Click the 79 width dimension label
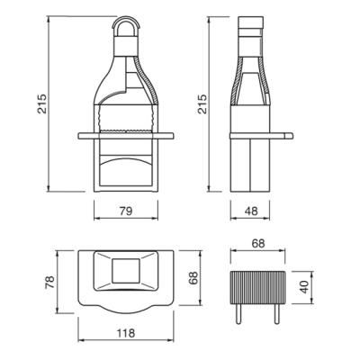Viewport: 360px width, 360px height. click(x=126, y=211)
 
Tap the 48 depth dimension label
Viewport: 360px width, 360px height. click(x=251, y=211)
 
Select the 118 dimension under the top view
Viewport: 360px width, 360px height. click(x=126, y=333)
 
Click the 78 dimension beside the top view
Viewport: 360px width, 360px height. click(x=49, y=282)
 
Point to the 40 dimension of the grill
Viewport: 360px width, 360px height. click(x=304, y=287)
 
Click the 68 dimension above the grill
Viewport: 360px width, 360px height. click(x=258, y=244)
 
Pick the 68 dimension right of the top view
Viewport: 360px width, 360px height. click(x=193, y=278)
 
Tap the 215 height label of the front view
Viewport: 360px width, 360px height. click(x=42, y=103)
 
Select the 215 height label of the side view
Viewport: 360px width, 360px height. click(x=202, y=103)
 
